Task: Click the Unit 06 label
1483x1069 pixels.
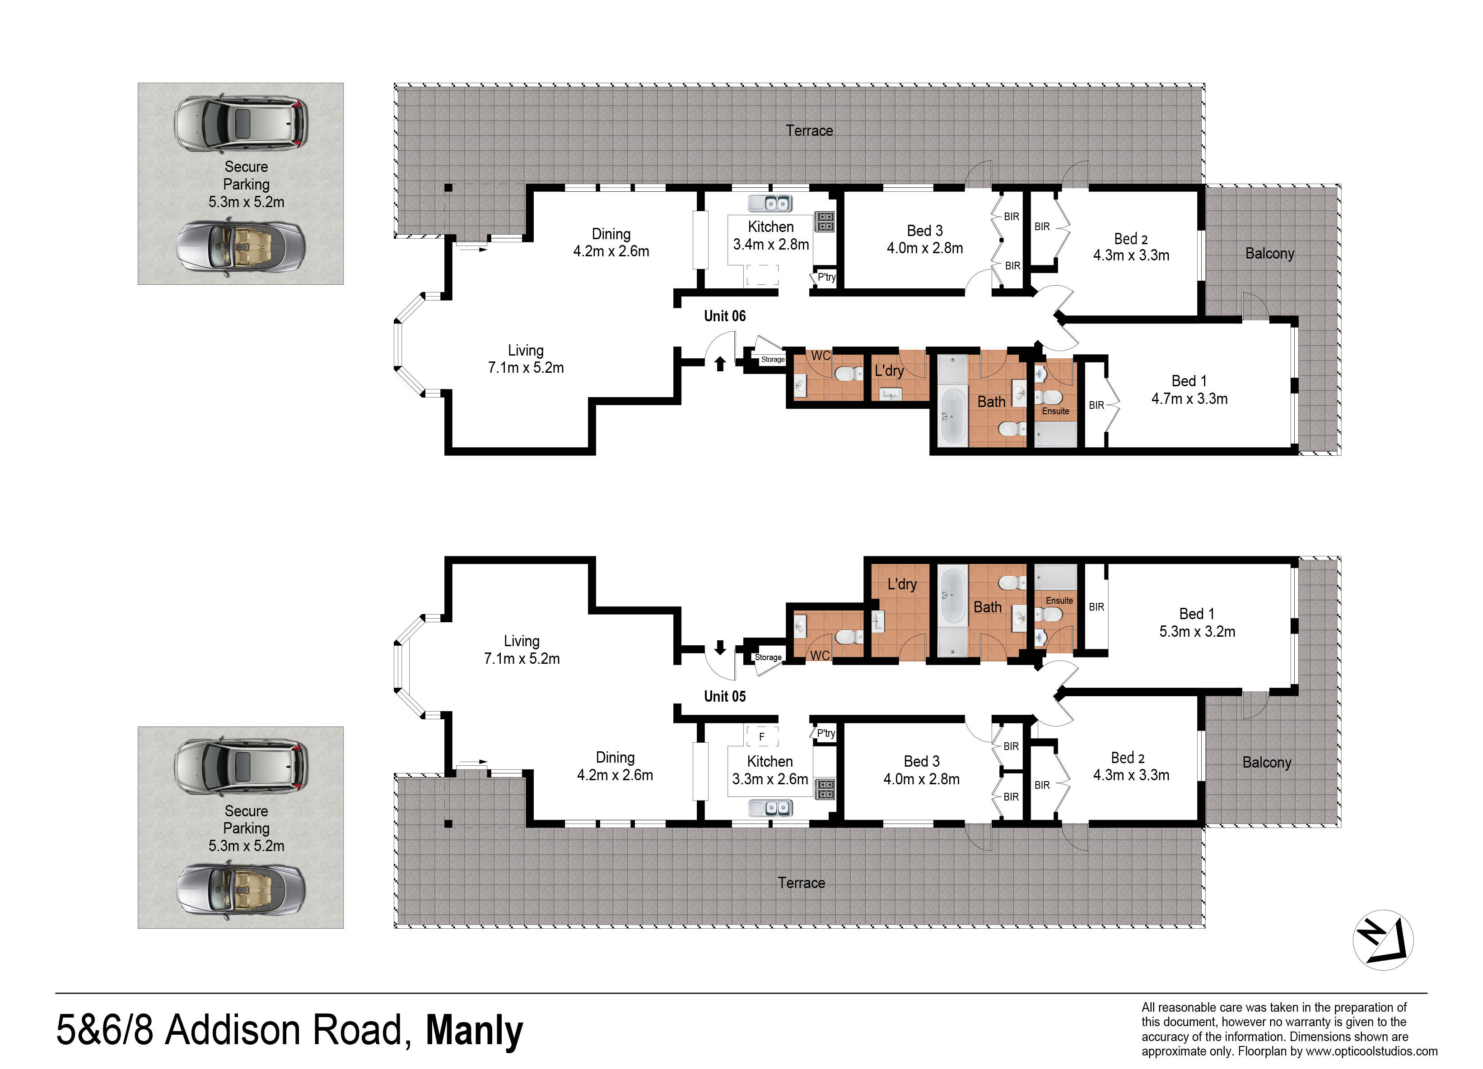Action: pyautogui.click(x=724, y=316)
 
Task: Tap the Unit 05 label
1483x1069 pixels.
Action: pyautogui.click(x=724, y=697)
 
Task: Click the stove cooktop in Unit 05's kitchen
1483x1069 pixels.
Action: pyautogui.click(x=825, y=789)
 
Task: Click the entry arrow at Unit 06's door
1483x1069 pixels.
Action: pyautogui.click(x=720, y=363)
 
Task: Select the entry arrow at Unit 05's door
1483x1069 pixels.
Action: pyautogui.click(x=720, y=648)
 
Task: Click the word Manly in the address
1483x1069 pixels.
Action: pyautogui.click(x=474, y=1031)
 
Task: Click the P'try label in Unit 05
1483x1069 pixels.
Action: pyautogui.click(x=826, y=733)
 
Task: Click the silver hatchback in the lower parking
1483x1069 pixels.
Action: pyautogui.click(x=240, y=766)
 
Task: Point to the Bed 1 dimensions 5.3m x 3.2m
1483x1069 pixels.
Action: pyautogui.click(x=1197, y=632)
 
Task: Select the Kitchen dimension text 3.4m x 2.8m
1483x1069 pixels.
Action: pyautogui.click(x=771, y=245)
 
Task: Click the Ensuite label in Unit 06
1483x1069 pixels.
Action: pyautogui.click(x=1055, y=411)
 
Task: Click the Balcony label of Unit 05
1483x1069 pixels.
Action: pyautogui.click(x=1267, y=763)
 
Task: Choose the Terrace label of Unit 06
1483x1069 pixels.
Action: pyautogui.click(x=810, y=131)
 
